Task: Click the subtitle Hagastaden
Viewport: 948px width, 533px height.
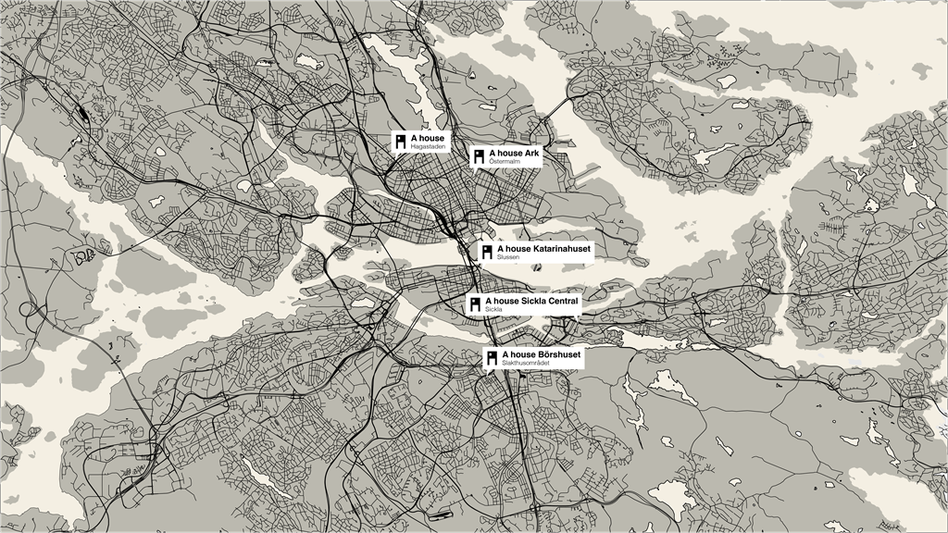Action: pyautogui.click(x=427, y=147)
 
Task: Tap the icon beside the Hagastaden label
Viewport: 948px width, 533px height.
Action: pyautogui.click(x=400, y=142)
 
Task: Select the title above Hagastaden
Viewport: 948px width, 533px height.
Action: pyautogui.click(x=427, y=138)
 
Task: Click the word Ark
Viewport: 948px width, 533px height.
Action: pyautogui.click(x=531, y=152)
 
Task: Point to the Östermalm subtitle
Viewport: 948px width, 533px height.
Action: pyautogui.click(x=506, y=162)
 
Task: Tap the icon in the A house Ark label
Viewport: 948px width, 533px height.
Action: pyautogui.click(x=479, y=156)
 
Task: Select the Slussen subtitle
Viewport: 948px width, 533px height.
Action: pyautogui.click(x=508, y=257)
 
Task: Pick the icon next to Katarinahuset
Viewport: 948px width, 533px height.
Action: pyautogui.click(x=487, y=252)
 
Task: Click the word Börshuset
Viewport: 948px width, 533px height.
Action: pyautogui.click(x=556, y=354)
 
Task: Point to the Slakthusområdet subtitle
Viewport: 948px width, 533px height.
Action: pyautogui.click(x=526, y=363)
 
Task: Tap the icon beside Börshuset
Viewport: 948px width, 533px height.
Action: pyautogui.click(x=492, y=358)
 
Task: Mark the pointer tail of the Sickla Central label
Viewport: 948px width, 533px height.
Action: pyautogui.click(x=579, y=318)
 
